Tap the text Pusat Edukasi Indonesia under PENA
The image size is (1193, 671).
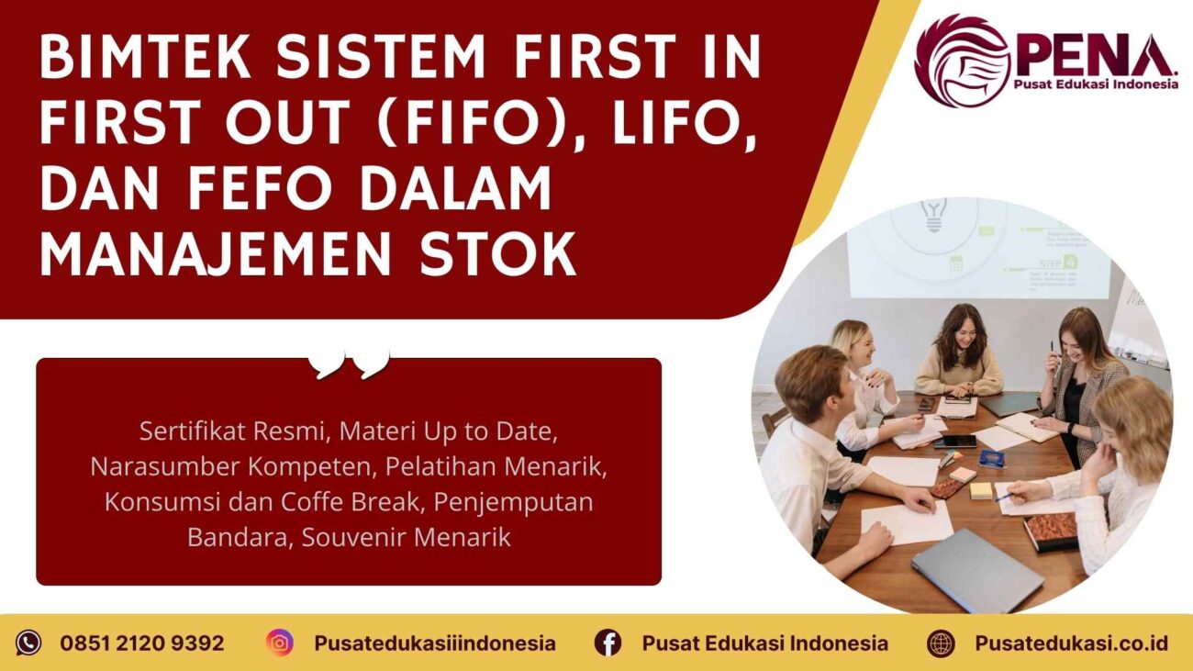[x=1096, y=84]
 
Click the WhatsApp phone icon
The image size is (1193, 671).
[x=28, y=643]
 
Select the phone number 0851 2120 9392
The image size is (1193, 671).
[x=142, y=643]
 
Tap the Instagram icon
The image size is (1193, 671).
[x=280, y=643]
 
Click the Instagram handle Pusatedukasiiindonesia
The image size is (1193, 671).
[x=434, y=643]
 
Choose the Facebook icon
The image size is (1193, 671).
[x=608, y=643]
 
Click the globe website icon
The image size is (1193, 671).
[x=941, y=643]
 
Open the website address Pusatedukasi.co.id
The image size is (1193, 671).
[x=1071, y=643]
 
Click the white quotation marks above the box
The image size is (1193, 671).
[x=350, y=364]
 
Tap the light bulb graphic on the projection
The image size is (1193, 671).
[x=934, y=214]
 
